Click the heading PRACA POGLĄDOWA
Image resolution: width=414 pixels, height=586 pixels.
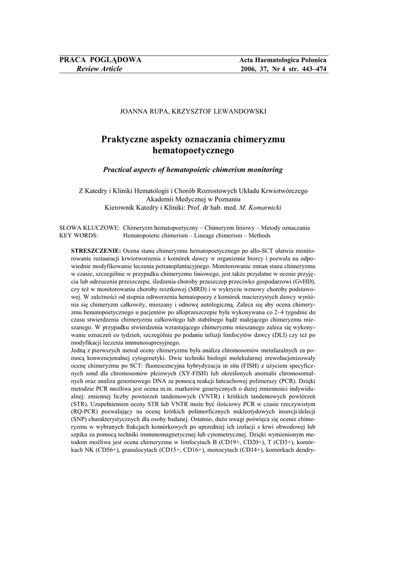(101, 60)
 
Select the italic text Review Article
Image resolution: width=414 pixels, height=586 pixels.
(95, 69)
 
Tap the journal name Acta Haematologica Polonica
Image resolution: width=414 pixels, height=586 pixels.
(282, 60)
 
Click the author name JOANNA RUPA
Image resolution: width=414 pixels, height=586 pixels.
(142, 111)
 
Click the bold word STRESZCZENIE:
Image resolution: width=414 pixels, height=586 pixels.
(95, 251)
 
